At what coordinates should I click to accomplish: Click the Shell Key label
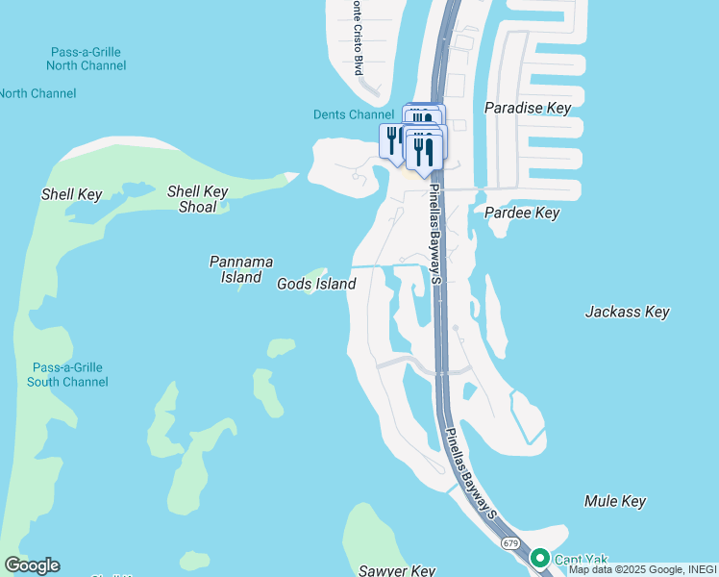click(x=71, y=194)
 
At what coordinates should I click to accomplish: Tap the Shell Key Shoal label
click(x=197, y=198)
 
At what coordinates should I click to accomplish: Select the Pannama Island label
click(x=241, y=269)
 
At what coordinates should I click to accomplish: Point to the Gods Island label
click(x=316, y=284)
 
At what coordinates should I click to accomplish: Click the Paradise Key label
click(x=528, y=108)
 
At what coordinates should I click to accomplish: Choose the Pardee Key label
click(x=522, y=213)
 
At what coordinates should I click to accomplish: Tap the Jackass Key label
click(x=628, y=312)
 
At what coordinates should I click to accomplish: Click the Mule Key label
click(x=615, y=501)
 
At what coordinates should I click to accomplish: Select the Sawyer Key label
click(x=397, y=570)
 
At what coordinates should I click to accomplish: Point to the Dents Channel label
click(x=354, y=114)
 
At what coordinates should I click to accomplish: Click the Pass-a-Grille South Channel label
click(x=67, y=375)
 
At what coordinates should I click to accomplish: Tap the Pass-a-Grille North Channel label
click(x=86, y=58)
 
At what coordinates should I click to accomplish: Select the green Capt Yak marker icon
click(x=540, y=558)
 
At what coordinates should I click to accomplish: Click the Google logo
click(x=32, y=565)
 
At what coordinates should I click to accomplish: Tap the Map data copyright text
click(x=643, y=569)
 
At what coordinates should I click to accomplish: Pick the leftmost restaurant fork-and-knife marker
click(x=393, y=140)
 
